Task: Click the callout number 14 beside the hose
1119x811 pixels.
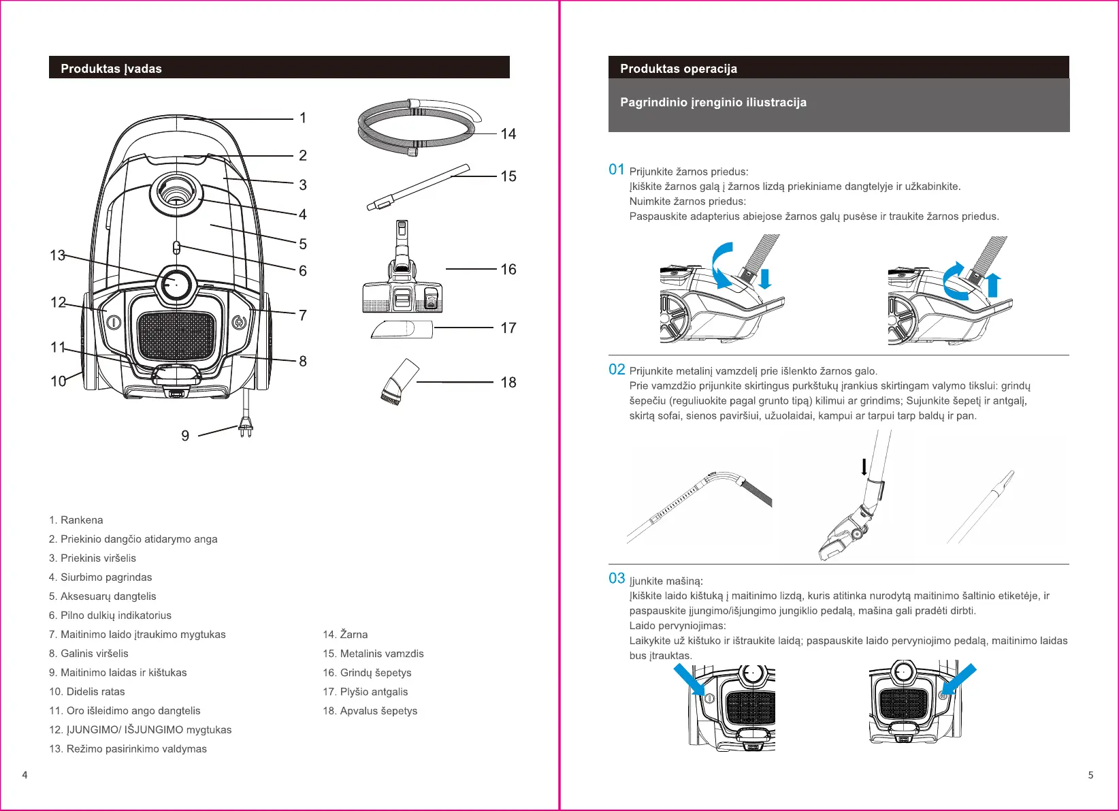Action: coord(508,134)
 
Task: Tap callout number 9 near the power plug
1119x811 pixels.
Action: coord(185,436)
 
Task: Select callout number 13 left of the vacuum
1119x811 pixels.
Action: coord(58,255)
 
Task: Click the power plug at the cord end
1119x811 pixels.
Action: coord(245,428)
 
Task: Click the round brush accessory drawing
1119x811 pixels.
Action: coord(399,383)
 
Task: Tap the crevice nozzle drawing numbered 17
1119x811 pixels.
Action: coord(402,329)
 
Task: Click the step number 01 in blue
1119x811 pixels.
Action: coord(617,170)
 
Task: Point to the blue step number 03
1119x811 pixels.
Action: coord(617,579)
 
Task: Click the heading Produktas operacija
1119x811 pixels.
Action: coord(679,69)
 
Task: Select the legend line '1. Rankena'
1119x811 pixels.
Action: coord(76,520)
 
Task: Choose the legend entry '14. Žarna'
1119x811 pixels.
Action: coord(345,635)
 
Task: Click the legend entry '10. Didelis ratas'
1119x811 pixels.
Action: coord(87,692)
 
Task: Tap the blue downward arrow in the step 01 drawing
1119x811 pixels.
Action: coord(765,279)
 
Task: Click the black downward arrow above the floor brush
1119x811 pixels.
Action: coord(864,466)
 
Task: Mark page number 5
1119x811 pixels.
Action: coord(1091,775)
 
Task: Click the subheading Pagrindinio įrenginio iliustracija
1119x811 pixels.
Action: coord(713,103)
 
